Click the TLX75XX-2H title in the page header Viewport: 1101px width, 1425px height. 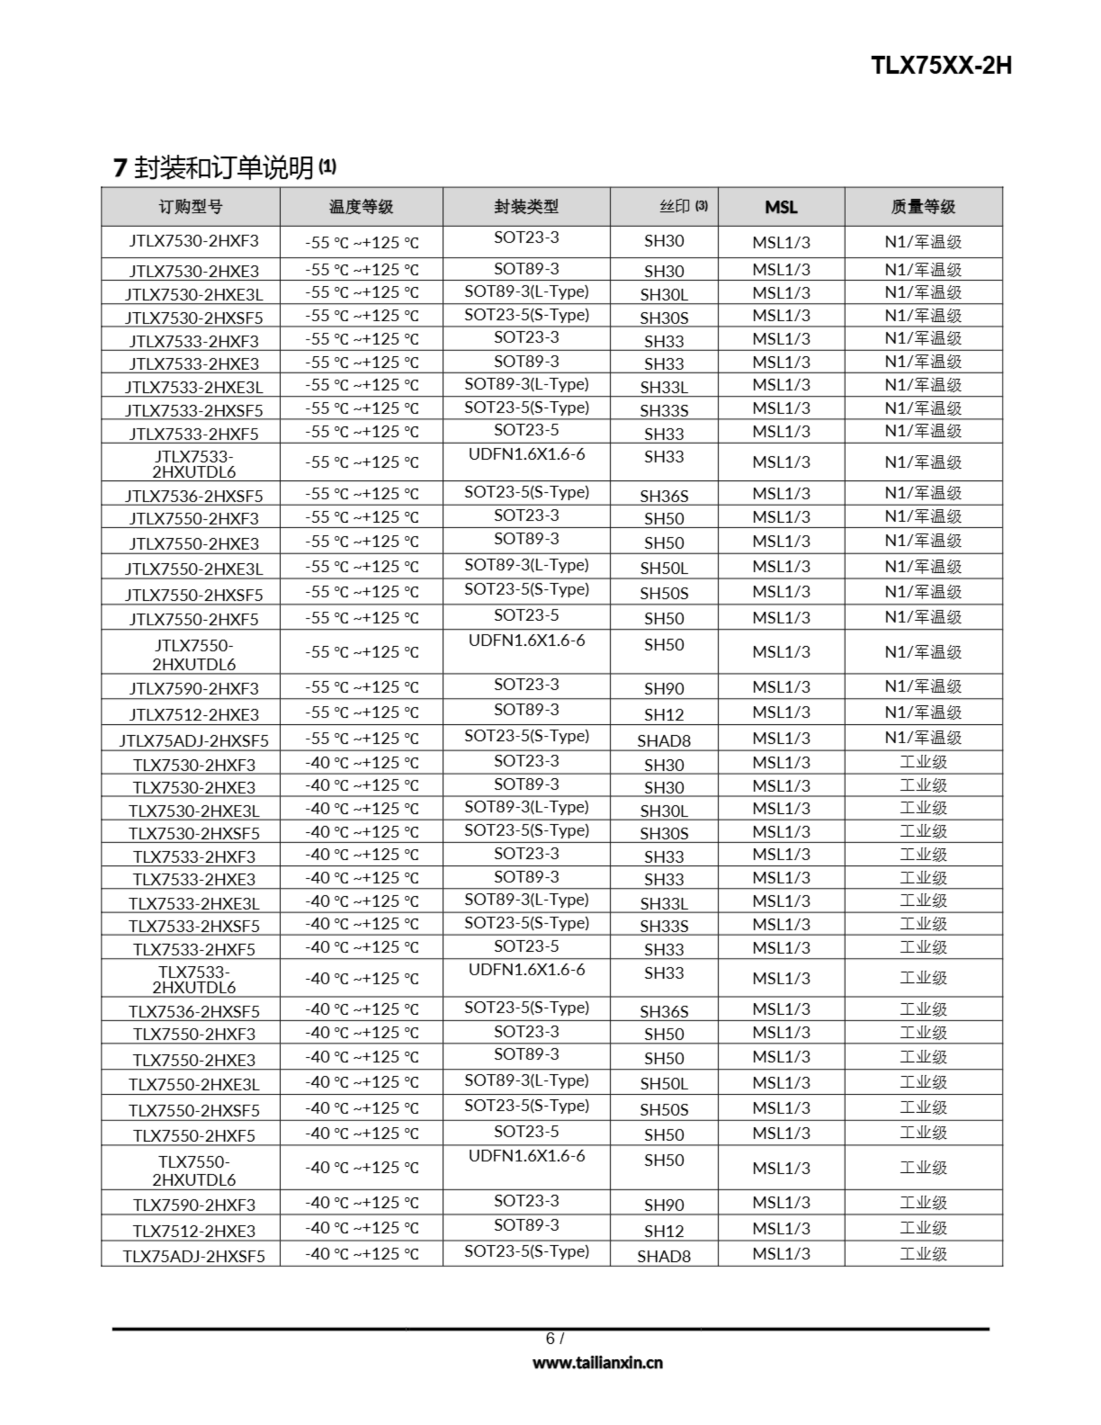tap(941, 66)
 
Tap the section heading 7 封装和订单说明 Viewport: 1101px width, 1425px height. tap(224, 168)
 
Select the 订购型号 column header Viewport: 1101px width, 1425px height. tap(190, 207)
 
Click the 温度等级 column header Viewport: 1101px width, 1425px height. tap(361, 207)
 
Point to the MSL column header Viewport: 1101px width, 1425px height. tap(781, 207)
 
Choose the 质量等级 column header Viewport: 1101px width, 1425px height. tap(923, 207)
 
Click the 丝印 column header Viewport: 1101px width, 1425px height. tap(676, 207)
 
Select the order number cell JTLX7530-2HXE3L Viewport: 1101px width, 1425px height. tap(194, 293)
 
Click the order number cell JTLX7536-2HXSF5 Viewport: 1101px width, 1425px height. tap(194, 496)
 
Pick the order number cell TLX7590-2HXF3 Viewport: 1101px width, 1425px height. tap(194, 1205)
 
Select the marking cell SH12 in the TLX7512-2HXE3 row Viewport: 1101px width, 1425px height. tap(663, 1231)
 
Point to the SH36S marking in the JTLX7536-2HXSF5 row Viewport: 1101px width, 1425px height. tap(663, 496)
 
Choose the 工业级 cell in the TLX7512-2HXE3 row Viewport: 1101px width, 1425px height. tap(923, 1228)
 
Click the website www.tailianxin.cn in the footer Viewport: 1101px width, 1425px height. tap(597, 1362)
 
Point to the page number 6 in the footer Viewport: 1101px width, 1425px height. tap(550, 1338)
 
